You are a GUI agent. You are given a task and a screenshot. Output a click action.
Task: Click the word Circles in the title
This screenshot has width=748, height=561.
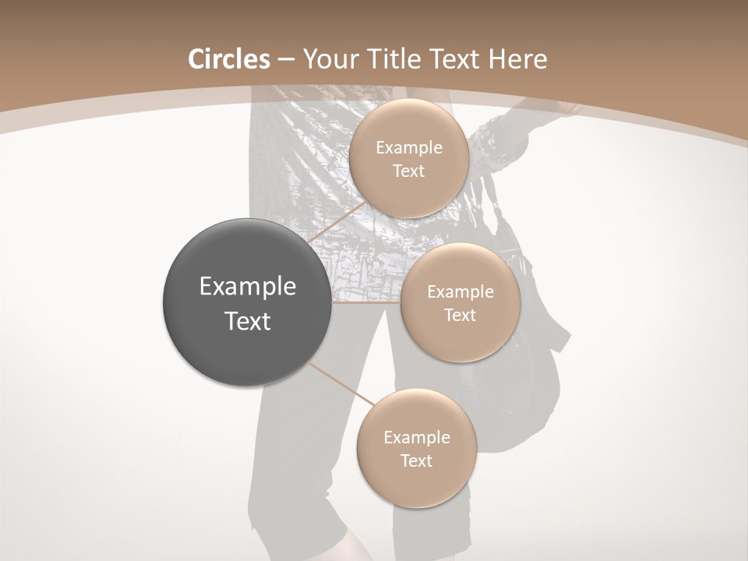[x=229, y=59]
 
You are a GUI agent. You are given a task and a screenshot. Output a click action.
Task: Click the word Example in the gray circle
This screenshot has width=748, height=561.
[x=248, y=287]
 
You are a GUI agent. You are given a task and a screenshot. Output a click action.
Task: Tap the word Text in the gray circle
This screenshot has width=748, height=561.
[x=248, y=321]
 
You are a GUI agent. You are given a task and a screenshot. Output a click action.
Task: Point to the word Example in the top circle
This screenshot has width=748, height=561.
[x=408, y=148]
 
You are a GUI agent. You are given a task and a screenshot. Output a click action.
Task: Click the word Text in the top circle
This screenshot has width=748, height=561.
[x=408, y=171]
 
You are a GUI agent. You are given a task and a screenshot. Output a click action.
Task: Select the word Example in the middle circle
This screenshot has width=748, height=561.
[x=460, y=292]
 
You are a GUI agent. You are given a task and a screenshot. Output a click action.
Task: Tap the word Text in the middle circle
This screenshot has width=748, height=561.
[x=460, y=316]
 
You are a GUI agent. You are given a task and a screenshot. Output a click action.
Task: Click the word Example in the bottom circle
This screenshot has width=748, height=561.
[x=416, y=438]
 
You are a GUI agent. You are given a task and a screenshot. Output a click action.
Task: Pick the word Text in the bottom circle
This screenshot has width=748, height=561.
[x=416, y=461]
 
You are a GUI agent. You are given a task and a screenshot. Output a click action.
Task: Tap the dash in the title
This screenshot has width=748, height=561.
[x=286, y=59]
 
